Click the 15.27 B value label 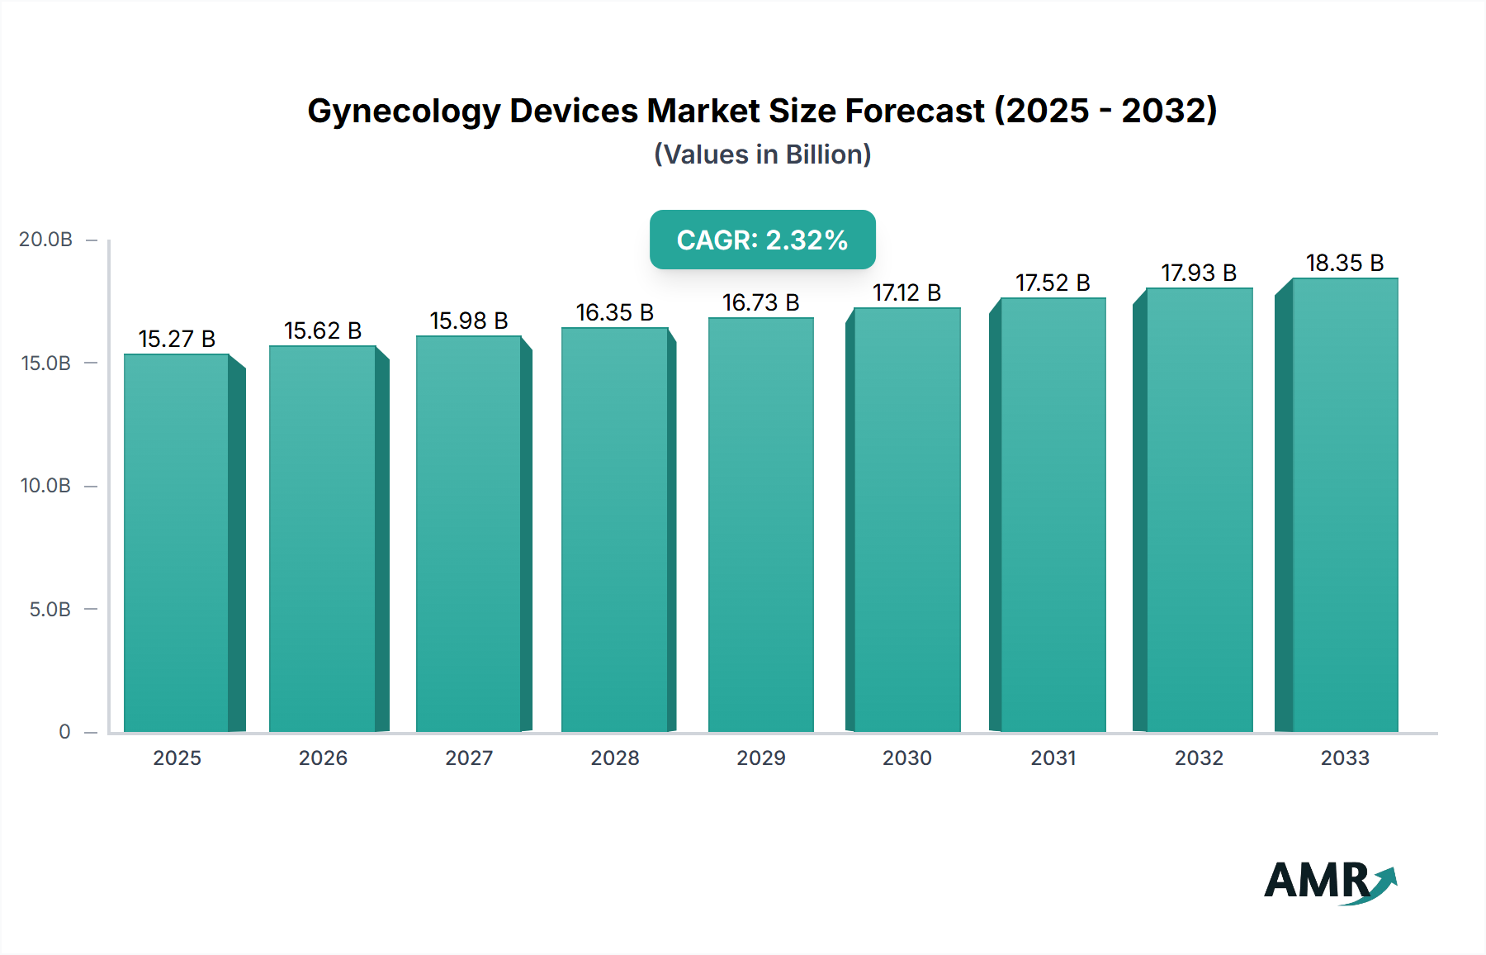[177, 339]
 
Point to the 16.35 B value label [614, 312]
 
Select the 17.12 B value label [906, 292]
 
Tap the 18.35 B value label [1344, 263]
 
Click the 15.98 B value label [468, 321]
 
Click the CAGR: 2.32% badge [762, 240]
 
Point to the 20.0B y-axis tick [46, 240]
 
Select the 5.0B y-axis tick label [50, 610]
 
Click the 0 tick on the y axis [64, 732]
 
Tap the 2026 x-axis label [323, 758]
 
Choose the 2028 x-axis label [614, 758]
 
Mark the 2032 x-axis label [1199, 758]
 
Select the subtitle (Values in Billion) [762, 154]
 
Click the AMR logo [1329, 881]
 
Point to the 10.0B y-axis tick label [46, 486]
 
